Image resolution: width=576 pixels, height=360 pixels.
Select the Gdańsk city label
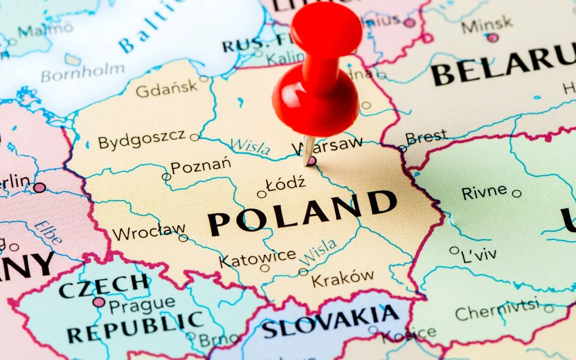click(166, 88)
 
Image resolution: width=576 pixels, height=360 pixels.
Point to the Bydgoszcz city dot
click(195, 137)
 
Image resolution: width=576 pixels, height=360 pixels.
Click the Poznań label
click(201, 166)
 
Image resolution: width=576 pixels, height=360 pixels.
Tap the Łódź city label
click(286, 183)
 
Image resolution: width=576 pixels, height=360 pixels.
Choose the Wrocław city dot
click(183, 238)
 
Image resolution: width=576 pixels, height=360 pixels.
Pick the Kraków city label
click(343, 278)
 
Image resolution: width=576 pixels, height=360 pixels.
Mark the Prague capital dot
click(99, 302)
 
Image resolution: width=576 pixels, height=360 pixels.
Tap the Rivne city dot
click(516, 193)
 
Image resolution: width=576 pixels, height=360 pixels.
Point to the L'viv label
click(479, 254)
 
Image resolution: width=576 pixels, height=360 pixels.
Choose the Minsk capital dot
click(493, 38)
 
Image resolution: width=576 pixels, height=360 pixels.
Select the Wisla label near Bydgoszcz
click(250, 146)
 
